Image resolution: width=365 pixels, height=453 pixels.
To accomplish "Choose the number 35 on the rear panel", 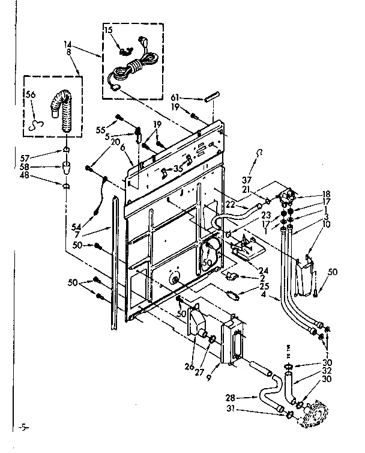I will coord(178,169).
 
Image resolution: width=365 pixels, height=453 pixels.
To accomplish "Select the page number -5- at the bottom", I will coord(23,428).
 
